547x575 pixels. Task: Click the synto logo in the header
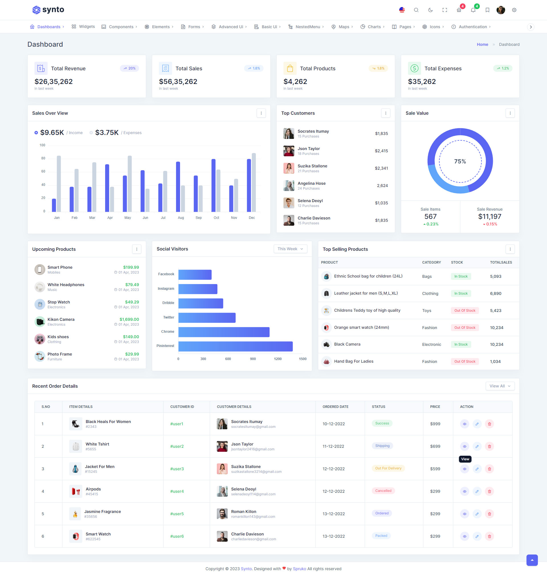48,10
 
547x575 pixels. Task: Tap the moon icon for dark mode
430,10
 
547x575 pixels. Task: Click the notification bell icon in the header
473,10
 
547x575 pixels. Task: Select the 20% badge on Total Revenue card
129,68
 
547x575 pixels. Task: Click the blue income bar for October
213,185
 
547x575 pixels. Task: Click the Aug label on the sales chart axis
181,217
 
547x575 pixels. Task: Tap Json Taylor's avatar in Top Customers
289,151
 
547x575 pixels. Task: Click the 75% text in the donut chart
460,161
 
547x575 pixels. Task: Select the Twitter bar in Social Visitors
207,317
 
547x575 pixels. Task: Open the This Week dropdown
290,249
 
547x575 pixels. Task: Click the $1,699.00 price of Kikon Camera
129,319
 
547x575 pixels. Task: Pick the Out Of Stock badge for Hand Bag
464,362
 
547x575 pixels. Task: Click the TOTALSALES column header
501,262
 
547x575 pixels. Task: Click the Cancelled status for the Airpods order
383,491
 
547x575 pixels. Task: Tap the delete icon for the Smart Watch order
489,536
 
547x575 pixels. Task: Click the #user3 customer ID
177,469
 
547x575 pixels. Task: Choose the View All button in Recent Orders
500,386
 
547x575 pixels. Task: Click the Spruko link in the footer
299,568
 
